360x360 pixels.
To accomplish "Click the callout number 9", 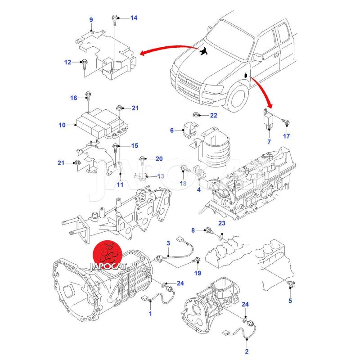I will (91, 20).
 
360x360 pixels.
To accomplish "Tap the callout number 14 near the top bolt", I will (134, 18).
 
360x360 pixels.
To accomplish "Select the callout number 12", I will (67, 62).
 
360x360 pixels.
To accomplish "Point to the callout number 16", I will (73, 98).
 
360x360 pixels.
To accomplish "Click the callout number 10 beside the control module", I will (62, 125).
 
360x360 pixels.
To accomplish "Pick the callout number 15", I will (134, 146).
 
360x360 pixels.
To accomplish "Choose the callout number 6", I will (171, 130).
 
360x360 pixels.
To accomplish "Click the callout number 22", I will (213, 116).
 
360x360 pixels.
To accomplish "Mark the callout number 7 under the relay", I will (269, 142).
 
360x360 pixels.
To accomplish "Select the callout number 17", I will (287, 136).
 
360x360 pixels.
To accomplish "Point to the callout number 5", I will (290, 300).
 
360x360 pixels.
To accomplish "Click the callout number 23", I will (222, 224).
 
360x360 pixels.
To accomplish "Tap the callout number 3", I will (168, 243).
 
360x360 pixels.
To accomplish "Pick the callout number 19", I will (198, 273).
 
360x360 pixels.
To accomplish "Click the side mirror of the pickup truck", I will (258, 58).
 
